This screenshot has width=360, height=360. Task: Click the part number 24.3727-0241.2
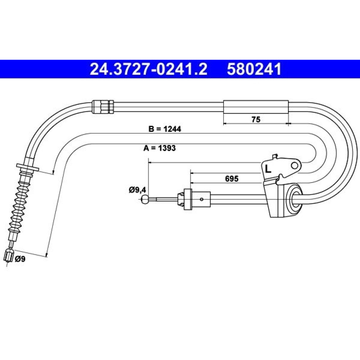[x=149, y=69]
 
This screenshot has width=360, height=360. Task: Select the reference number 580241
[x=254, y=69]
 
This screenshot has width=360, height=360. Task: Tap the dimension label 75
[x=256, y=120]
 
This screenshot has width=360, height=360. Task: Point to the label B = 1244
[x=165, y=129]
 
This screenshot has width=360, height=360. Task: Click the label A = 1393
[x=159, y=148]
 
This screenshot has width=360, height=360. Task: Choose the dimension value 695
[x=231, y=179]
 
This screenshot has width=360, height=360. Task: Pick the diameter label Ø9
[x=20, y=259]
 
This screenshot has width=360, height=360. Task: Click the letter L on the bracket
[x=268, y=169]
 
